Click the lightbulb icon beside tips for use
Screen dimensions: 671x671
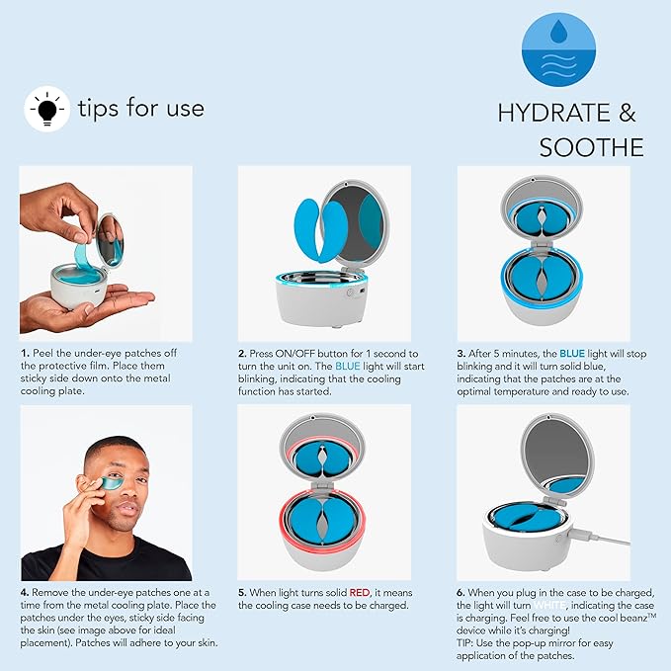[44, 108]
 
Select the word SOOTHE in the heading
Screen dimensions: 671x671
[591, 147]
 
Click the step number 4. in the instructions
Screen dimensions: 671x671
[25, 592]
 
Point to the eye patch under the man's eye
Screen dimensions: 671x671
[102, 484]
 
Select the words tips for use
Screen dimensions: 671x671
[140, 108]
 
